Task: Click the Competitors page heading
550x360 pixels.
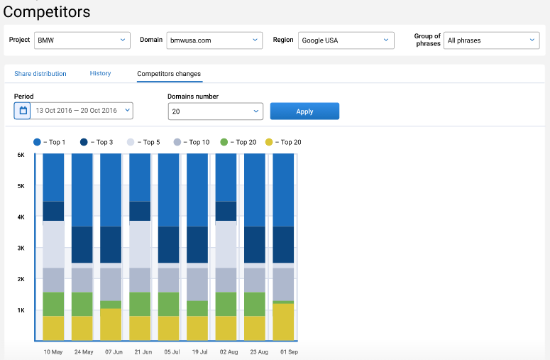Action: pos(46,12)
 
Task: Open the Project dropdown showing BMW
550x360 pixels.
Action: pos(82,40)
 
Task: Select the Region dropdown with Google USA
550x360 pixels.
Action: pos(346,40)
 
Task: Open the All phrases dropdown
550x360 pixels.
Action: pos(492,40)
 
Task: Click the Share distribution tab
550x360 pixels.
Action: pos(40,74)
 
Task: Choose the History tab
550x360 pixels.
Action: pos(100,74)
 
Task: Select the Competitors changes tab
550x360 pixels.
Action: pos(169,74)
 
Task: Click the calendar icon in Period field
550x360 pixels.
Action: pos(23,111)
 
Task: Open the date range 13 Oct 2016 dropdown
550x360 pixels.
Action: pos(83,111)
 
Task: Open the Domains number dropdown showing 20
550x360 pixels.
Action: pos(215,111)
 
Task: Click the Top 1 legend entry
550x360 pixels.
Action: pos(49,142)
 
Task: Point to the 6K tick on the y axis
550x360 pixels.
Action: pos(21,155)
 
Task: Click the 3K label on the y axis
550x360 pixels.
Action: pos(21,248)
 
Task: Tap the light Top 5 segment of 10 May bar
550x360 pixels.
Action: pos(53,244)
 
